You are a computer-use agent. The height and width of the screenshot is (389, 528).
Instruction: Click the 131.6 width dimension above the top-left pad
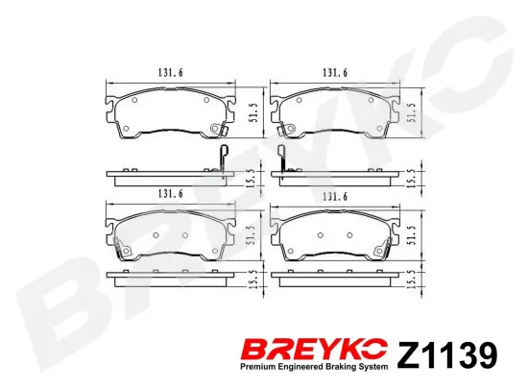tap(170, 72)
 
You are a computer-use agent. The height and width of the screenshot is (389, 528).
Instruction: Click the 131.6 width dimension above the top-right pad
tap(335, 72)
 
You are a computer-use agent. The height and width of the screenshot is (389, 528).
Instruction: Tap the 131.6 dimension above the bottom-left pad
tap(170, 194)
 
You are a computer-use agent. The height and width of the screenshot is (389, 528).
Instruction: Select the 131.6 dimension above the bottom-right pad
tap(335, 197)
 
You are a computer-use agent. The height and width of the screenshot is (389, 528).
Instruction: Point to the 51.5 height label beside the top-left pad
tap(253, 112)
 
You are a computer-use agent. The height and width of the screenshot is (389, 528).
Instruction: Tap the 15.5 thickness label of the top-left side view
tap(253, 177)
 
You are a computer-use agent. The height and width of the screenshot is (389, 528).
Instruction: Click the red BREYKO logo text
tap(314, 351)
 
